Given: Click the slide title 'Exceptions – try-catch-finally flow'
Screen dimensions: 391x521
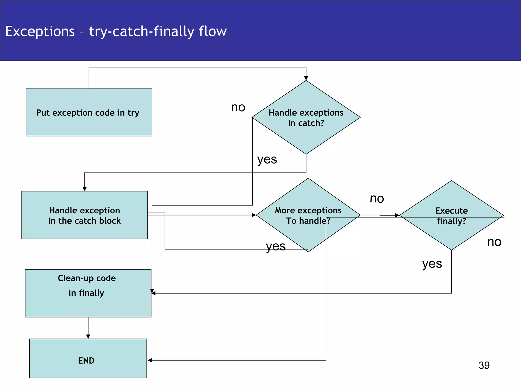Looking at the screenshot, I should coord(116,31).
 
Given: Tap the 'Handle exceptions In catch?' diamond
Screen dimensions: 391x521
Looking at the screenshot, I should coord(306,117).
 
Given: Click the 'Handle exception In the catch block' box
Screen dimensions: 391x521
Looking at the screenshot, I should coord(84,215).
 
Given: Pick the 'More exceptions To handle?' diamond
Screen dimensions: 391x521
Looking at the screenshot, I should coord(308,215).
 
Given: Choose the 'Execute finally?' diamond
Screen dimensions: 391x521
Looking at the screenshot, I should coord(451,215).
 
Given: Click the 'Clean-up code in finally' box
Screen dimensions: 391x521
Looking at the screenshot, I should coord(88,293).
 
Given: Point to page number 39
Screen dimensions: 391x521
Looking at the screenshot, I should coord(484,366).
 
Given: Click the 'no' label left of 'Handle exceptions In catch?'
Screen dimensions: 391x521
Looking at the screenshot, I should coord(238,107).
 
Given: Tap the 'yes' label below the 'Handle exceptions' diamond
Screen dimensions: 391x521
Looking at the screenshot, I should coord(267,160).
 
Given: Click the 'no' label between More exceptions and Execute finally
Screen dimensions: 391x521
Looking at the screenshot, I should coord(377,198).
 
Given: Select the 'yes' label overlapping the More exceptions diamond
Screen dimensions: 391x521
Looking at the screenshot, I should coord(276,246).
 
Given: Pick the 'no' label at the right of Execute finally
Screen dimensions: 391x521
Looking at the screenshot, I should coord(494,242).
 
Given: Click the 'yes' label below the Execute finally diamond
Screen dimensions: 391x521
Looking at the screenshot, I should coord(432,264).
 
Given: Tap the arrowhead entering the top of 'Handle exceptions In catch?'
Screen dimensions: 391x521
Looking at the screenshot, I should coord(306,78).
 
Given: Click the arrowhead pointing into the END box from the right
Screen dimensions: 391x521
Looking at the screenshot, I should coord(150,360).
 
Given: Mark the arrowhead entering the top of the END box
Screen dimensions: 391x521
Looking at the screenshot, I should coord(88,337).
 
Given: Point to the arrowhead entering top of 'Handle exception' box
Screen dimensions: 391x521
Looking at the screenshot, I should coord(85,189).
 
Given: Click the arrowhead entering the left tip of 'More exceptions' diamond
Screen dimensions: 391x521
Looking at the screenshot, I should coord(254,215).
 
